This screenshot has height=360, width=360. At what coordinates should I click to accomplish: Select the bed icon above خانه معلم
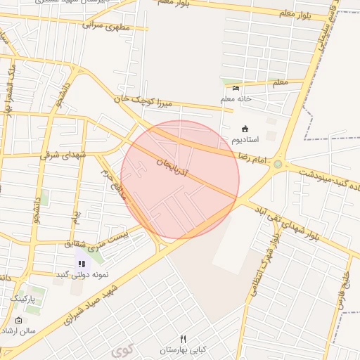pos(236,88)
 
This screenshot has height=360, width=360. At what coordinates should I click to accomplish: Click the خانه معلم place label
pos(236,99)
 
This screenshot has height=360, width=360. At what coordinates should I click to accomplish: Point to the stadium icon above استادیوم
pos(245,129)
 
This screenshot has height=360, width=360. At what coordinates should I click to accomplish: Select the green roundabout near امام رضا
pos(278,165)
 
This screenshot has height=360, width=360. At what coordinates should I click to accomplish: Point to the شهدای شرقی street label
pos(63,154)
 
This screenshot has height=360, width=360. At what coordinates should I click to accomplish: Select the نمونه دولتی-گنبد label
pos(75,274)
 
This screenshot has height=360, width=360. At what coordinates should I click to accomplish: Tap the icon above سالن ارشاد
pos(18,321)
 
